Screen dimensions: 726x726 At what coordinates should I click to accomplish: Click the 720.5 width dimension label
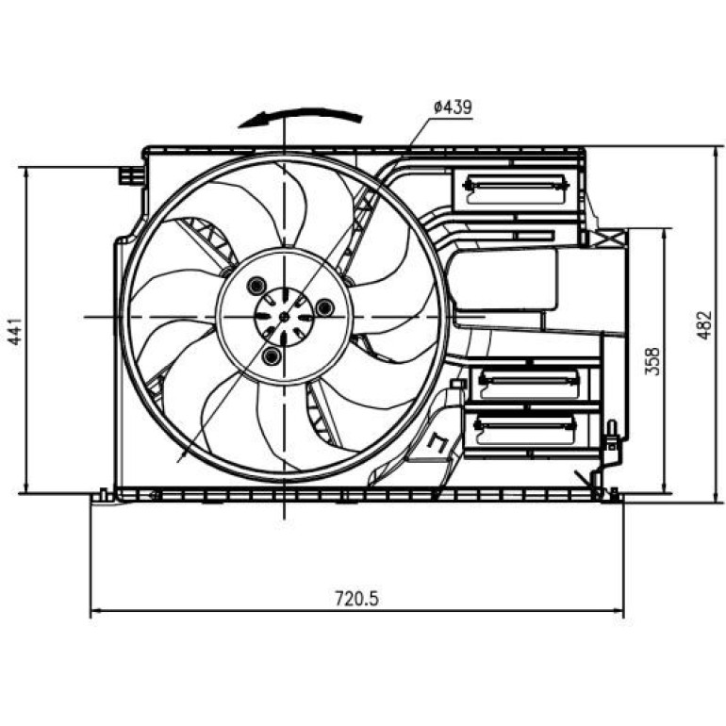click(x=356, y=599)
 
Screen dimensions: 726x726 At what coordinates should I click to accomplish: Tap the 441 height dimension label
click(x=16, y=331)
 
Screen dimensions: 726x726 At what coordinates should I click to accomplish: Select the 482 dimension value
click(x=704, y=325)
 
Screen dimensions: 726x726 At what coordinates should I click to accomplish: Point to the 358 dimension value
click(x=652, y=361)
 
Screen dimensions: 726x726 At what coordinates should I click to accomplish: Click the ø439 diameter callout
click(x=453, y=107)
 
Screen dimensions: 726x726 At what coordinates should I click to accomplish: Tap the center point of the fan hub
click(x=285, y=317)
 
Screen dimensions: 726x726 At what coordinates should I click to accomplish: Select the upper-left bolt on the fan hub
click(x=256, y=286)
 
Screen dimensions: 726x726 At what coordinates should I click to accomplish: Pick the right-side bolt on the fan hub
click(x=324, y=307)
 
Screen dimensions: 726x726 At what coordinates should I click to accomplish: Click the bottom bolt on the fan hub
click(x=272, y=356)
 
